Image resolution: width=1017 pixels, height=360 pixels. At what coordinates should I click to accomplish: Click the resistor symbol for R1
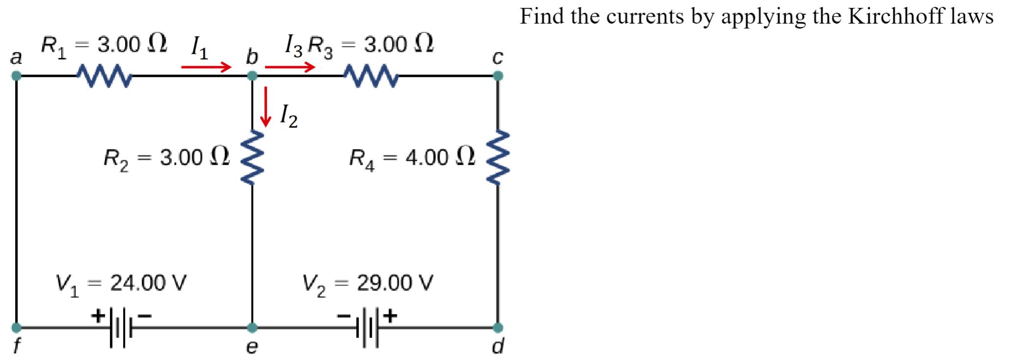pyautogui.click(x=104, y=77)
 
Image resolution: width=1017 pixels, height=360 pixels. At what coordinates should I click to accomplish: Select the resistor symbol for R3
pyautogui.click(x=371, y=77)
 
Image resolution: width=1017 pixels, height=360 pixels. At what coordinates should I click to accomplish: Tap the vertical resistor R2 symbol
pyautogui.click(x=252, y=158)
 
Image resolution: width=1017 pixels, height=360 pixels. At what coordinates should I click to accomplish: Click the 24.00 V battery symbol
pyautogui.click(x=118, y=328)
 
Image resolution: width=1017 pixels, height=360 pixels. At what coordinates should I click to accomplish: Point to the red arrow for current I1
pyautogui.click(x=206, y=67)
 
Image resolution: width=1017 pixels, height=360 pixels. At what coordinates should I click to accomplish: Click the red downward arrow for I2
pyautogui.click(x=265, y=106)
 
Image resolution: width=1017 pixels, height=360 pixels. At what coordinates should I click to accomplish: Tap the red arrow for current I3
pyautogui.click(x=289, y=67)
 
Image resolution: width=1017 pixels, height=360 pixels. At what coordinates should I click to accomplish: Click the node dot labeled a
pyautogui.click(x=16, y=76)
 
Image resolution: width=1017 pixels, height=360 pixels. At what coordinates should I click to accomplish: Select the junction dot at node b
pyautogui.click(x=252, y=76)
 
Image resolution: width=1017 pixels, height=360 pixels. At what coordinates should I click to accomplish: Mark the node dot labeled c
pyautogui.click(x=497, y=76)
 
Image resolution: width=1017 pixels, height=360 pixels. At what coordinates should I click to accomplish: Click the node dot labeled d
pyautogui.click(x=497, y=327)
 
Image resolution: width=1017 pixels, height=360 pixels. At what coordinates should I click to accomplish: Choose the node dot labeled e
pyautogui.click(x=252, y=327)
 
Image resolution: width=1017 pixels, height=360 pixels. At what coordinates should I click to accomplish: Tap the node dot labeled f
pyautogui.click(x=16, y=327)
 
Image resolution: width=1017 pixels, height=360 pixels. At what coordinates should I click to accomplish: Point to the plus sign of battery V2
pyautogui.click(x=391, y=316)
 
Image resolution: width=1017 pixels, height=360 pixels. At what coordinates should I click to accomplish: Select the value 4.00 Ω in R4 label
pyautogui.click(x=440, y=157)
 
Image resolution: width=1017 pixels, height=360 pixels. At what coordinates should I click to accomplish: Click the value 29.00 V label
pyautogui.click(x=395, y=283)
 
